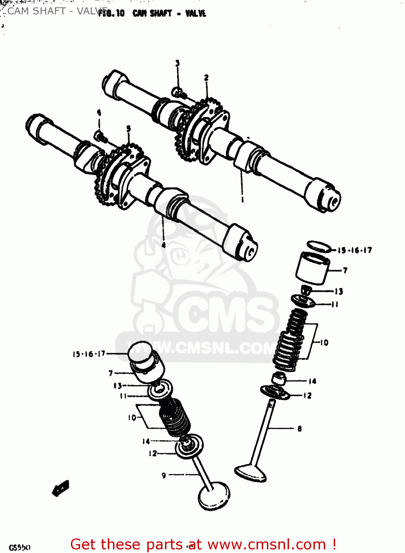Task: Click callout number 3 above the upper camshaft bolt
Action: [x=178, y=63]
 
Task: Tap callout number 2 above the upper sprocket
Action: [x=206, y=77]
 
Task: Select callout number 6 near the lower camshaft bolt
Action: [x=99, y=112]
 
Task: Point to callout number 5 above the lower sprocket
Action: [x=128, y=129]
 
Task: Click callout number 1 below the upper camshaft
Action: [x=242, y=199]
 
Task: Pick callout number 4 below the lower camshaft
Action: [x=164, y=245]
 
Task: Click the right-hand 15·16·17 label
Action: [x=354, y=250]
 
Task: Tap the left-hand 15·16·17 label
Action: [x=89, y=354]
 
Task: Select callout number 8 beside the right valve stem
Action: [x=299, y=428]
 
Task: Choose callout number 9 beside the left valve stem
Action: [x=164, y=476]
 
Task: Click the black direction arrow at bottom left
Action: [x=61, y=488]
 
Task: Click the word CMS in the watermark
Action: [x=225, y=313]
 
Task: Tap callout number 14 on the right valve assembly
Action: [x=312, y=381]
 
